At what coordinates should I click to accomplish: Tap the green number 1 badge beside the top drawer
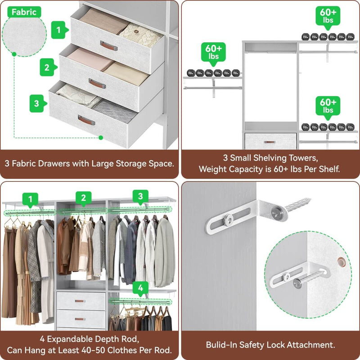(x=58, y=31)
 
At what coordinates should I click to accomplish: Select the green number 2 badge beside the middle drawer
(x=47, y=68)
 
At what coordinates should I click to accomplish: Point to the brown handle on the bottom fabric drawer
(x=86, y=121)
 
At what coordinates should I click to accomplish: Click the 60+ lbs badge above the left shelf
(x=213, y=53)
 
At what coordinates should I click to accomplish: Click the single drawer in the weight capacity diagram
(x=270, y=141)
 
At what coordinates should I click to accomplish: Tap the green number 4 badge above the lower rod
(x=141, y=287)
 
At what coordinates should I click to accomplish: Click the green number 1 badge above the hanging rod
(x=31, y=198)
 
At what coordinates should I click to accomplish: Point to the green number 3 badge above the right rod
(x=140, y=196)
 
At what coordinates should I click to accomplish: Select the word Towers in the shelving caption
(x=304, y=158)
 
